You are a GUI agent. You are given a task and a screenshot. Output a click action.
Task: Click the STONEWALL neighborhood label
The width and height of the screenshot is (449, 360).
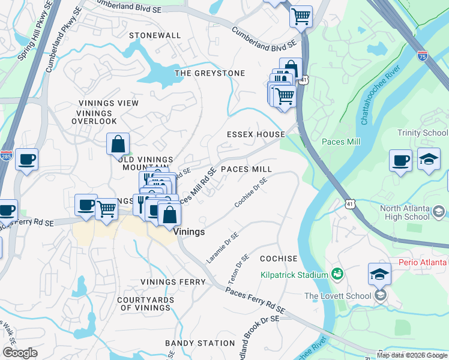(x=154, y=35)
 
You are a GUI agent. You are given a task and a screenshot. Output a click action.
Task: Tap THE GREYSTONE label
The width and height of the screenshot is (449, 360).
(x=209, y=73)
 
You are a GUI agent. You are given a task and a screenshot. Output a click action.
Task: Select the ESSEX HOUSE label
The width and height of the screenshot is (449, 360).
(x=255, y=134)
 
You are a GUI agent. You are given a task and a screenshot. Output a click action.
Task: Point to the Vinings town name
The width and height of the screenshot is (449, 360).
(x=189, y=232)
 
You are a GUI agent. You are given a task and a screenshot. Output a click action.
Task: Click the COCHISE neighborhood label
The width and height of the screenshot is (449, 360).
(x=279, y=259)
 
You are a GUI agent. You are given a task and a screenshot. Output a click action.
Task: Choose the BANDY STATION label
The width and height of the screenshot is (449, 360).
(x=200, y=343)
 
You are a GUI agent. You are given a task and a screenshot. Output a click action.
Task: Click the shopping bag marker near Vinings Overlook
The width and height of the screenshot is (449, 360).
(x=118, y=144)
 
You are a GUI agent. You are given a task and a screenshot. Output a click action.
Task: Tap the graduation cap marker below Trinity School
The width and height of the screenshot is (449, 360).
(x=428, y=160)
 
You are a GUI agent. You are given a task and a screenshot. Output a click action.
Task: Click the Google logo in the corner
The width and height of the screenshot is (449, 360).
(x=20, y=353)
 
